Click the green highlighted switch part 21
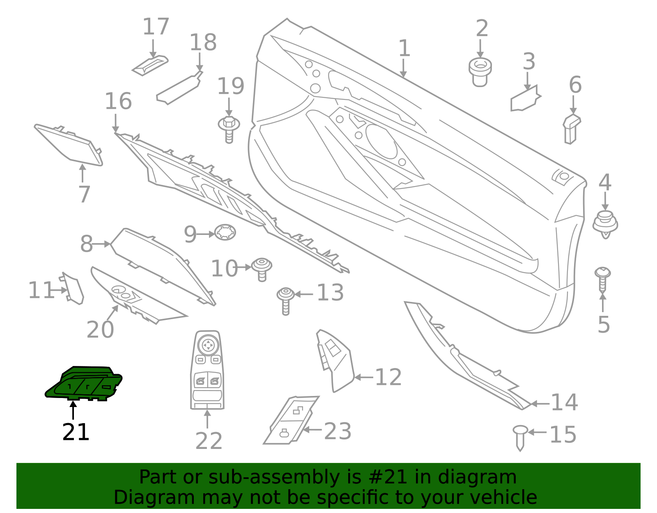coord(84,383)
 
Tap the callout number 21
coord(76,432)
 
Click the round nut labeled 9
coord(225,232)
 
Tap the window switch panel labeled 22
coord(207,370)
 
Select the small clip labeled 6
coord(572,129)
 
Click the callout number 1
coord(404,48)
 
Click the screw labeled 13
coord(285,299)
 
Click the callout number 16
coord(118,101)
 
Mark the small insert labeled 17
coord(150,65)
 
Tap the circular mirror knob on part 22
coord(208,345)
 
